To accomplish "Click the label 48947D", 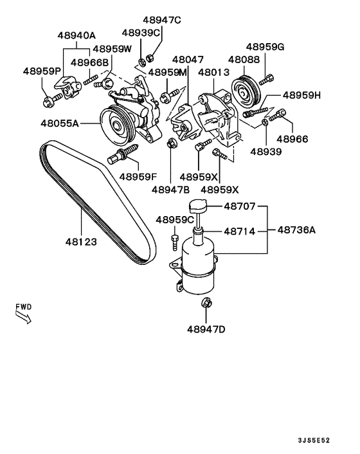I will pos(207,329).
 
